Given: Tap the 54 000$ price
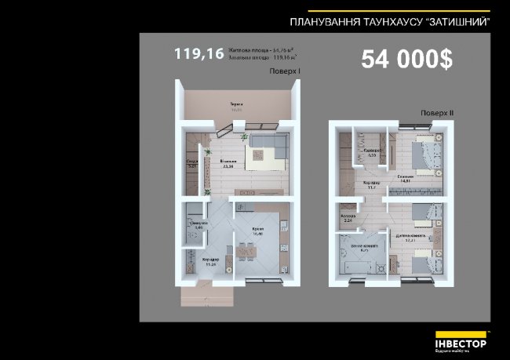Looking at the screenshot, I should click(x=406, y=61).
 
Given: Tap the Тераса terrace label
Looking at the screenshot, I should click(x=235, y=105).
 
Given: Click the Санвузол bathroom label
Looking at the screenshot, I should click(x=198, y=224).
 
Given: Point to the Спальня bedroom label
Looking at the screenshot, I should click(x=406, y=177).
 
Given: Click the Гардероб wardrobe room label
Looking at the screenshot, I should click(x=373, y=151).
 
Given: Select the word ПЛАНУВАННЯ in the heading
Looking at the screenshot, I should click(x=322, y=22).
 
